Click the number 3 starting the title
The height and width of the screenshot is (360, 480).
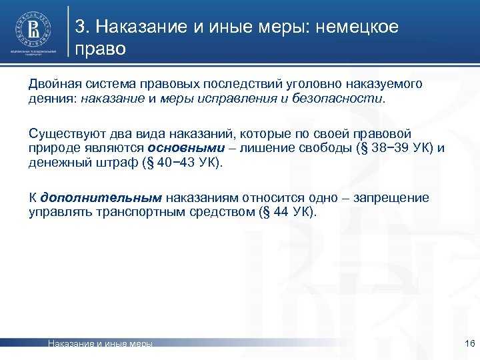[x=80, y=27]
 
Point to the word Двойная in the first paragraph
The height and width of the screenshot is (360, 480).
[x=51, y=85]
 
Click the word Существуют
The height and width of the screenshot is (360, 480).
[x=61, y=134]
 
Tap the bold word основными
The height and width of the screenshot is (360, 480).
[x=185, y=147]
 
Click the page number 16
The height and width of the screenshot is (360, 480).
[x=468, y=343]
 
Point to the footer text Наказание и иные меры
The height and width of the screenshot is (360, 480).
[x=101, y=344]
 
